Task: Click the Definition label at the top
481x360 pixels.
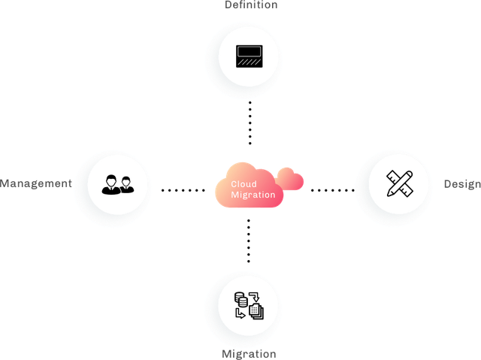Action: (251, 5)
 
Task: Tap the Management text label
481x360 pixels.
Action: (36, 183)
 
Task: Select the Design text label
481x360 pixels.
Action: (462, 184)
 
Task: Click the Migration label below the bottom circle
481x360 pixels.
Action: (249, 354)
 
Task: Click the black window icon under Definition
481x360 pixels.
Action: (250, 56)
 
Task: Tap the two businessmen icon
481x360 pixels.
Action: (118, 185)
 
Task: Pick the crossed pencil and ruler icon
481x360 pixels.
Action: (400, 183)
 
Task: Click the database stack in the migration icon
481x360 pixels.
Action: (241, 299)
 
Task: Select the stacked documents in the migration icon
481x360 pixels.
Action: (256, 311)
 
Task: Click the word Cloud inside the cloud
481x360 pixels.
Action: (244, 184)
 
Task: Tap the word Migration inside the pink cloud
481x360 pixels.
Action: (253, 195)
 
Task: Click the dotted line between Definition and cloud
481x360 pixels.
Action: (250, 123)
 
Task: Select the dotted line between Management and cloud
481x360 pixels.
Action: (183, 190)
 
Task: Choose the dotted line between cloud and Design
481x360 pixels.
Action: (333, 190)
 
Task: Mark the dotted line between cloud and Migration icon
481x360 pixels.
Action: (249, 241)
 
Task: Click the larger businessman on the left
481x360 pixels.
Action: (110, 185)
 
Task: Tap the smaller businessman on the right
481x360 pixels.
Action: (126, 185)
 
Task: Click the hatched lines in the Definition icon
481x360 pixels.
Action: (250, 62)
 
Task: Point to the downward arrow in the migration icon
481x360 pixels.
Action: (254, 297)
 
